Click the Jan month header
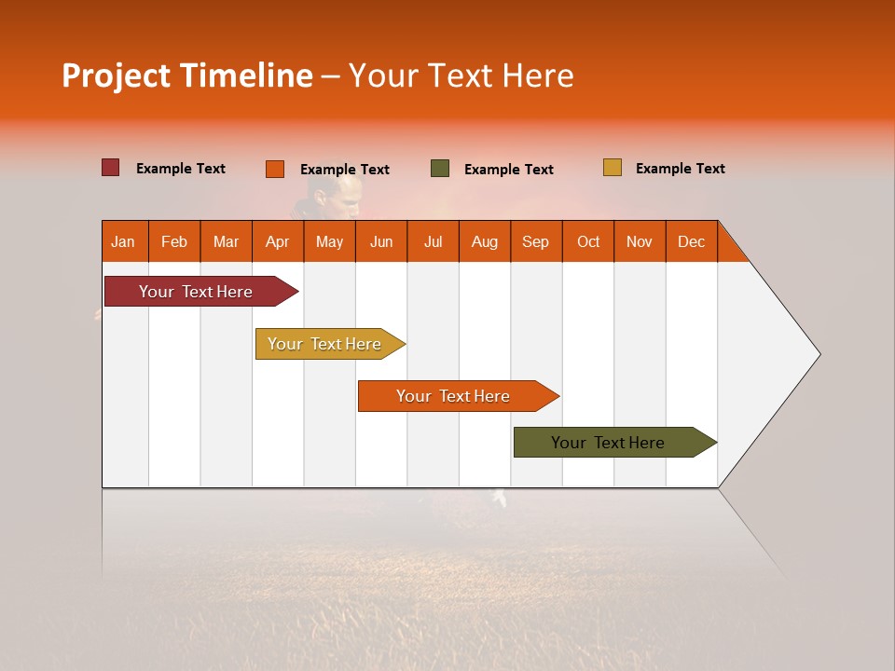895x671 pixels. [x=124, y=241]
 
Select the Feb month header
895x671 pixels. [x=174, y=241]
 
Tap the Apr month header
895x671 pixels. [x=277, y=241]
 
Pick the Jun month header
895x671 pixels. [x=381, y=241]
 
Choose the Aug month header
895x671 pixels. [x=484, y=241]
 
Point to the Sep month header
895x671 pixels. [x=535, y=241]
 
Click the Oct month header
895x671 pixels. [x=588, y=241]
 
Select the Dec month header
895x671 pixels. [x=691, y=241]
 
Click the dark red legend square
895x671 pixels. [x=111, y=168]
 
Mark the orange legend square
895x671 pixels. [x=275, y=169]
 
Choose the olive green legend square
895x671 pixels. [x=440, y=169]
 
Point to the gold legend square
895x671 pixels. [x=613, y=168]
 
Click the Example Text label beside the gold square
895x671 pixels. [x=680, y=169]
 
